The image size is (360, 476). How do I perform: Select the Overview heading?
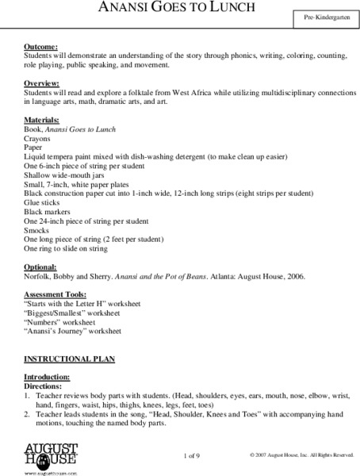(44, 83)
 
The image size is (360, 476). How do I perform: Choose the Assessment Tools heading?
(58, 295)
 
